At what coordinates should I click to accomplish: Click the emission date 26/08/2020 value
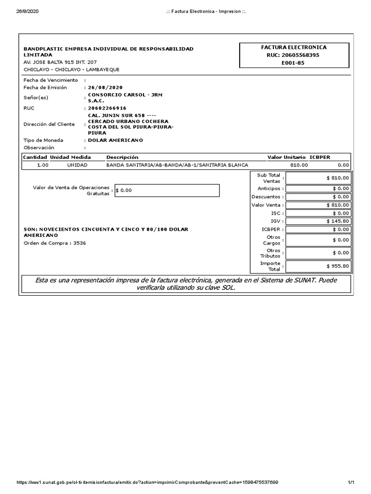[105, 87]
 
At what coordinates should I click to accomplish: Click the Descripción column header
[122, 157]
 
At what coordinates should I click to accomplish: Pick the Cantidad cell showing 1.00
[43, 165]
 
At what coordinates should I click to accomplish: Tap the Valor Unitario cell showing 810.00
[299, 165]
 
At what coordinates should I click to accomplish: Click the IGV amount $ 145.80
[318, 221]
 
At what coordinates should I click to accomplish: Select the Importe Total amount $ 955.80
[318, 266]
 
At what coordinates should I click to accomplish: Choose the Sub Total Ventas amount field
[318, 178]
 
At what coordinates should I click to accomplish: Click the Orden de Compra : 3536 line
[55, 243]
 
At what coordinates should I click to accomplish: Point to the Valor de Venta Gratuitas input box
[167, 191]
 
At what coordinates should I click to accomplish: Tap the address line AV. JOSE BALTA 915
[60, 62]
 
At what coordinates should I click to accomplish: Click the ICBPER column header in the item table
[320, 157]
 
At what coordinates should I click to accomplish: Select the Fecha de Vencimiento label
[50, 80]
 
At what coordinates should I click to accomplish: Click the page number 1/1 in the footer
[351, 482]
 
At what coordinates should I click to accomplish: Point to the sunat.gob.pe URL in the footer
[147, 482]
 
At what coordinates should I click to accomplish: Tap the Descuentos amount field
[318, 197]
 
